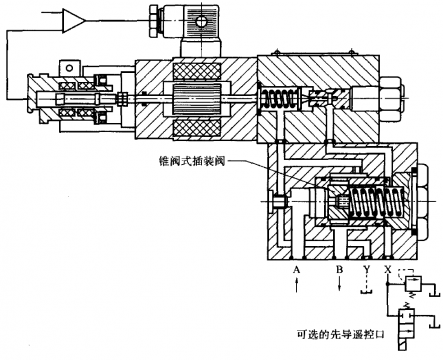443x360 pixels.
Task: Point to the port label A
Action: [x=296, y=270]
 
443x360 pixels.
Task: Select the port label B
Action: [x=339, y=270]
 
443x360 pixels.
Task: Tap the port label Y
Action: [x=367, y=270]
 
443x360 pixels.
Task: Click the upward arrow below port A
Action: [x=296, y=288]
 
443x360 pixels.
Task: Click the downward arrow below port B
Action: [x=339, y=288]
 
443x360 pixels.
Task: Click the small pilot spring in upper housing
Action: [x=281, y=102]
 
